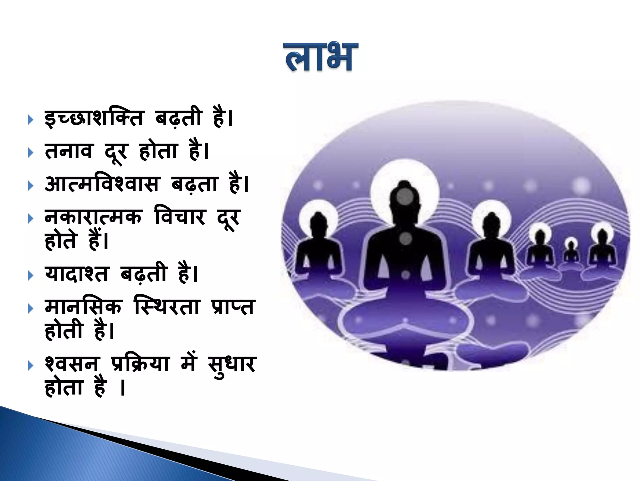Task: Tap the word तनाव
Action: [69, 151]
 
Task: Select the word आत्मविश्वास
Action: [102, 184]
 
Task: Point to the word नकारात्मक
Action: [93, 217]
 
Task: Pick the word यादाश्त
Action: [77, 274]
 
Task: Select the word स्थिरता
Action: [167, 306]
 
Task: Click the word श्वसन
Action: [71, 364]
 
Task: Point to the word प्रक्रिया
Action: [140, 364]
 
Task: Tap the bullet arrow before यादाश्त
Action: [30, 276]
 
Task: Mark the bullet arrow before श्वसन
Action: [30, 365]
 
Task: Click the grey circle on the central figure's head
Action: [404, 197]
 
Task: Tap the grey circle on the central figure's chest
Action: [406, 239]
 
